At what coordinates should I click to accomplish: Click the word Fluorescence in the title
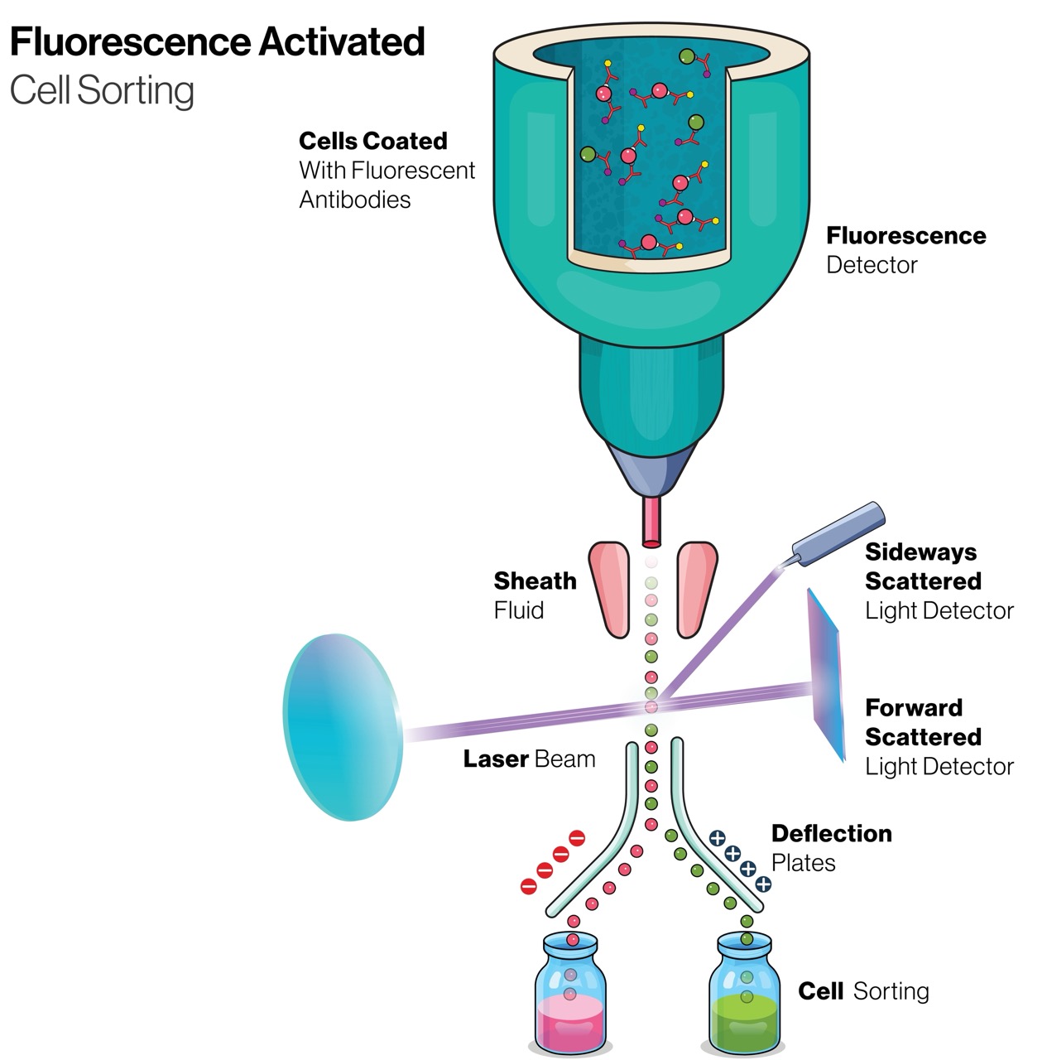[130, 41]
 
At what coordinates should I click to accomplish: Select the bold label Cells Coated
[372, 141]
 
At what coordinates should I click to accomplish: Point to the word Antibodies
[355, 199]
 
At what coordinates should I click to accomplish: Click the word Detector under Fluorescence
[872, 265]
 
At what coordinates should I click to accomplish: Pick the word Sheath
[535, 581]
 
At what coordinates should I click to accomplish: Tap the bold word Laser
[496, 759]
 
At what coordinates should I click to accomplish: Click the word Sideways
[920, 552]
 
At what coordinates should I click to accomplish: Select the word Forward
[914, 707]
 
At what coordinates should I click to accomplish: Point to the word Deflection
[832, 833]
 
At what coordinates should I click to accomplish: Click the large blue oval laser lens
[343, 726]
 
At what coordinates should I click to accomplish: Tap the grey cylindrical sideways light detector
[838, 534]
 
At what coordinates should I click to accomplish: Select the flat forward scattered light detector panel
[826, 674]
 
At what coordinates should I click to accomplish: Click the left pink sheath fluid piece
[609, 590]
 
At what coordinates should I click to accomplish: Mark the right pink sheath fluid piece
[697, 590]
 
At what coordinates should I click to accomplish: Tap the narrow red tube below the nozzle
[651, 522]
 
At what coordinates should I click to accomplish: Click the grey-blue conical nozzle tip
[651, 471]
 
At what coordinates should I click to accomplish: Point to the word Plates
[804, 863]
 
